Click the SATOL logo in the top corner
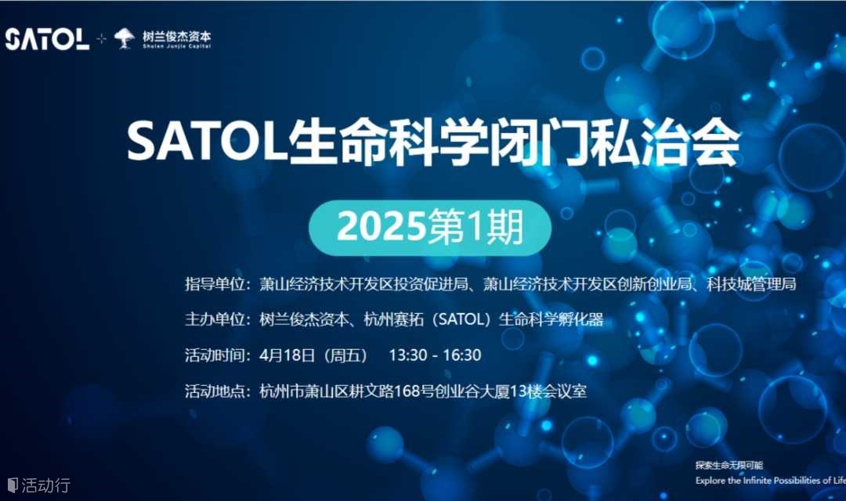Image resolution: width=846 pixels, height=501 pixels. (x=47, y=39)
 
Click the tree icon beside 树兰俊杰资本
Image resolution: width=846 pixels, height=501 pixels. (x=125, y=38)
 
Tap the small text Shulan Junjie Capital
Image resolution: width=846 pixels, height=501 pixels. (x=176, y=46)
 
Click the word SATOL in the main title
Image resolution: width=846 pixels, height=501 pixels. (x=207, y=142)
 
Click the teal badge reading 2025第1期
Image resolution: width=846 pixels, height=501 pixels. (x=430, y=228)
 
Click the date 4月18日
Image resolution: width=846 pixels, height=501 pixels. (x=287, y=355)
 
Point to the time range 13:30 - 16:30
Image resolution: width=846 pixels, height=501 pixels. (x=435, y=355)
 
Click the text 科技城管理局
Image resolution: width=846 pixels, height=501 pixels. (x=751, y=283)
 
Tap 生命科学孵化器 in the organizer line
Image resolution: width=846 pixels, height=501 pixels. (x=551, y=319)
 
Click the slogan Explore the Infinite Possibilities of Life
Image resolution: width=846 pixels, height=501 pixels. (x=771, y=481)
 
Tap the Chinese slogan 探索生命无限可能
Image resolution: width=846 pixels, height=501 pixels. (x=729, y=465)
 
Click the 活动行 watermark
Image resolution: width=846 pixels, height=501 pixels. (x=39, y=485)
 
